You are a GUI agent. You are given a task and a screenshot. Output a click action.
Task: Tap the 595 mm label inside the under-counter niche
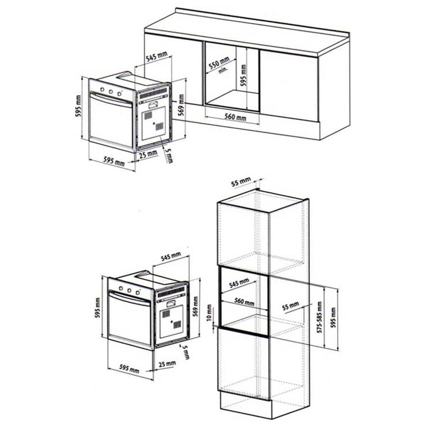pos(244,75)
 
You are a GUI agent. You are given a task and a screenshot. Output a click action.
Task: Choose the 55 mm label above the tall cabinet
pos(241,182)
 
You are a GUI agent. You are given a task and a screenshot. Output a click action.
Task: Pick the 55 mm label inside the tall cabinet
pos(290,306)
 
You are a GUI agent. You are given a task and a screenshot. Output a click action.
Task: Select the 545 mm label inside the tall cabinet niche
pos(239,284)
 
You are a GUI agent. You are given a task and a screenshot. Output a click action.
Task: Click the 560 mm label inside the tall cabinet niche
pos(244,302)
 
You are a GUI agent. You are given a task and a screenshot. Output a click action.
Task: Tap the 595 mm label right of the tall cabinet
pos(333,318)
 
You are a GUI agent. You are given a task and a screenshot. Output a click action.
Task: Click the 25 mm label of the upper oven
pos(148,154)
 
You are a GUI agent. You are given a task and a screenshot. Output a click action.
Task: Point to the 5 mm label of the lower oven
pos(185,352)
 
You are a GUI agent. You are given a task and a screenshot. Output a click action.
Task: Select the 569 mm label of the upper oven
pos(181,105)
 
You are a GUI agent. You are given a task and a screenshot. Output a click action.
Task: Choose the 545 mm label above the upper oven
pos(156,57)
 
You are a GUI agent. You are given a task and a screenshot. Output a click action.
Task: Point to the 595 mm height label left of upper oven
pos(78,106)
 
